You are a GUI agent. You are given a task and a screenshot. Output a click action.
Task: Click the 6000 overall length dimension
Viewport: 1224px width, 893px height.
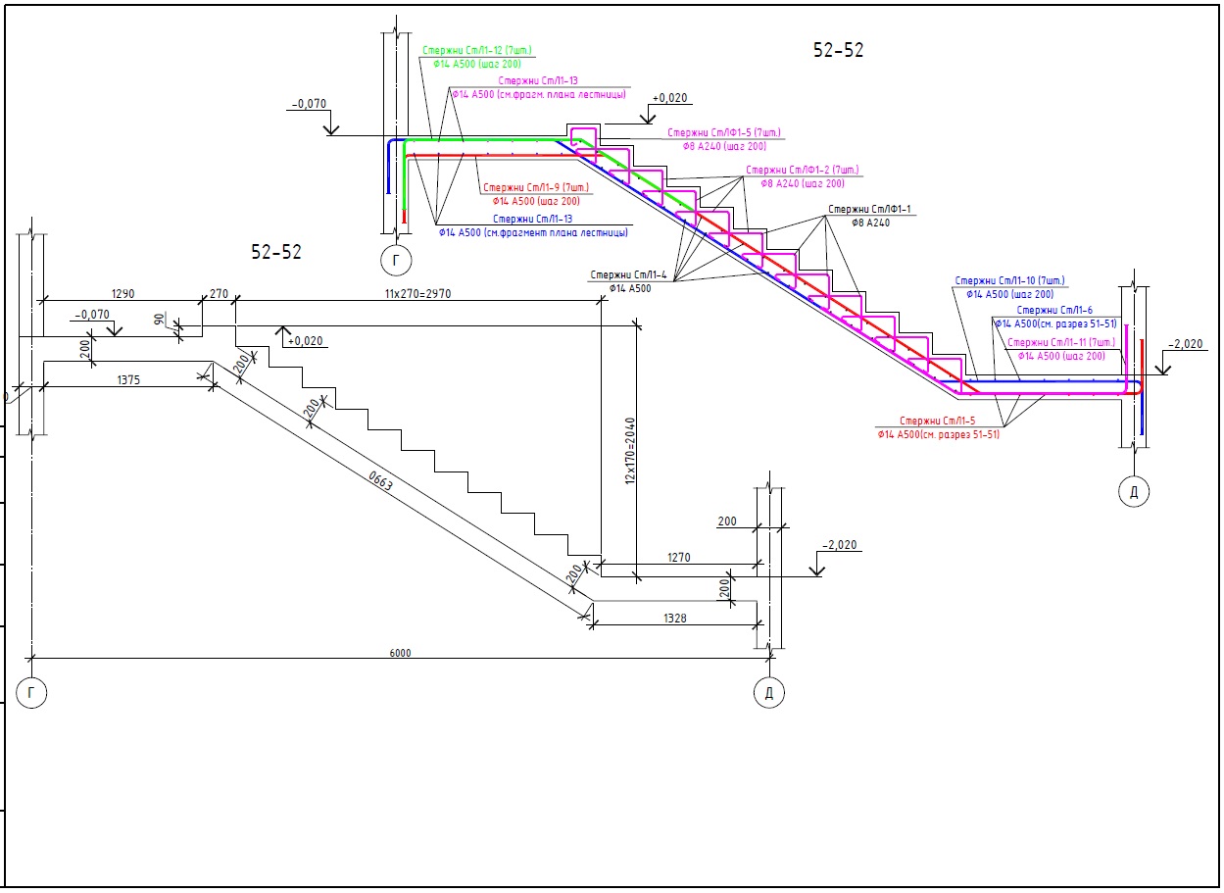[x=400, y=653]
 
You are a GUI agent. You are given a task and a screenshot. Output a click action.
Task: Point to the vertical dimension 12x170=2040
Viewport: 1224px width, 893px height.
[x=631, y=451]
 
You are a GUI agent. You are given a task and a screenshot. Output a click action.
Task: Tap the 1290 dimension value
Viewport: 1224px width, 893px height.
[x=122, y=294]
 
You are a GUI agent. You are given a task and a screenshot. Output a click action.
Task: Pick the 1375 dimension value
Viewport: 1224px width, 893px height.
[x=127, y=379]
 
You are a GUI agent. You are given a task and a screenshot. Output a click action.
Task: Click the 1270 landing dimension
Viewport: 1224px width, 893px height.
[x=679, y=558]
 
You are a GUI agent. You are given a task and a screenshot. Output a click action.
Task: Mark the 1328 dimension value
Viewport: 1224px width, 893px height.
[x=674, y=619]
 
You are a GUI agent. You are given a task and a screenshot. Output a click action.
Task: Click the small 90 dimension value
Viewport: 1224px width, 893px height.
[x=160, y=320]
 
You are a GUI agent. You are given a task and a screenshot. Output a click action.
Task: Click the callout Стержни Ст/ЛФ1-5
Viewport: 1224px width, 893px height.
[x=723, y=132]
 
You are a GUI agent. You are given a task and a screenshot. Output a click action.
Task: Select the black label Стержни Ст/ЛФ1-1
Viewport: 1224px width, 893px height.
[x=869, y=210]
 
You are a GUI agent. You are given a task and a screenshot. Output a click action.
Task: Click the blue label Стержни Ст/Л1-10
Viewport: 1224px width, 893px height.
[x=1009, y=281]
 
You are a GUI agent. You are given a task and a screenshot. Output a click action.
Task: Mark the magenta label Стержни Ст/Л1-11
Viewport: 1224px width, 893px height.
[x=1061, y=342]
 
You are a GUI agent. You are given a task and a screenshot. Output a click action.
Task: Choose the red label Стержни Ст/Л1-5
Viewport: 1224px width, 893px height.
[x=938, y=421]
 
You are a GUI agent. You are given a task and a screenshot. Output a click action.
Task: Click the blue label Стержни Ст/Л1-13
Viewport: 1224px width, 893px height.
[x=533, y=220]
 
